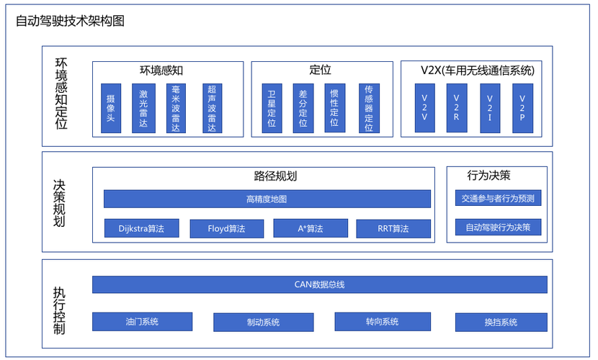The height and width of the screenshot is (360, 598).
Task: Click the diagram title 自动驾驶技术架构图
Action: pos(70,21)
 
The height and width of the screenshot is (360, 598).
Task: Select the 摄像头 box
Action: pos(111,108)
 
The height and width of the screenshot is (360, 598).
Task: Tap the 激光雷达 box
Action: pos(144,108)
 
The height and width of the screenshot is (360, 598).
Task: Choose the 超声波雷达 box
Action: pos(212,108)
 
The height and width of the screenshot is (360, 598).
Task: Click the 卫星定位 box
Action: pos(272,108)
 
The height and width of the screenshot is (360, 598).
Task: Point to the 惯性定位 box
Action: pos(334,108)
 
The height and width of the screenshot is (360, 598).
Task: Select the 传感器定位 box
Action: pos(369,108)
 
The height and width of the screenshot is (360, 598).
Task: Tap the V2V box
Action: pos(424,108)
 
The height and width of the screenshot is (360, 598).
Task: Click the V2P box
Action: pos(522,108)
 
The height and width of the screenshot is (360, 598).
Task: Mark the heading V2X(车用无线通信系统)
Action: pos(477,70)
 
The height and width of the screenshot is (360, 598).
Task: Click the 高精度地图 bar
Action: pos(267,199)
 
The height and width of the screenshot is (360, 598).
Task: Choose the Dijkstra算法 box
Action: pos(141,229)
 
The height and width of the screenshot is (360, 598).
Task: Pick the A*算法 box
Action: pos(311,229)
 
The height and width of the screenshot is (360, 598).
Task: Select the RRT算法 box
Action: pos(393,229)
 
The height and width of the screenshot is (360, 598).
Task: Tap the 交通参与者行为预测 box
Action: pos(498,199)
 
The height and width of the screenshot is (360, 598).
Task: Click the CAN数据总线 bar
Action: pos(319,284)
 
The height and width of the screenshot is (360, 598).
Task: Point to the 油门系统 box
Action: pos(142,322)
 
